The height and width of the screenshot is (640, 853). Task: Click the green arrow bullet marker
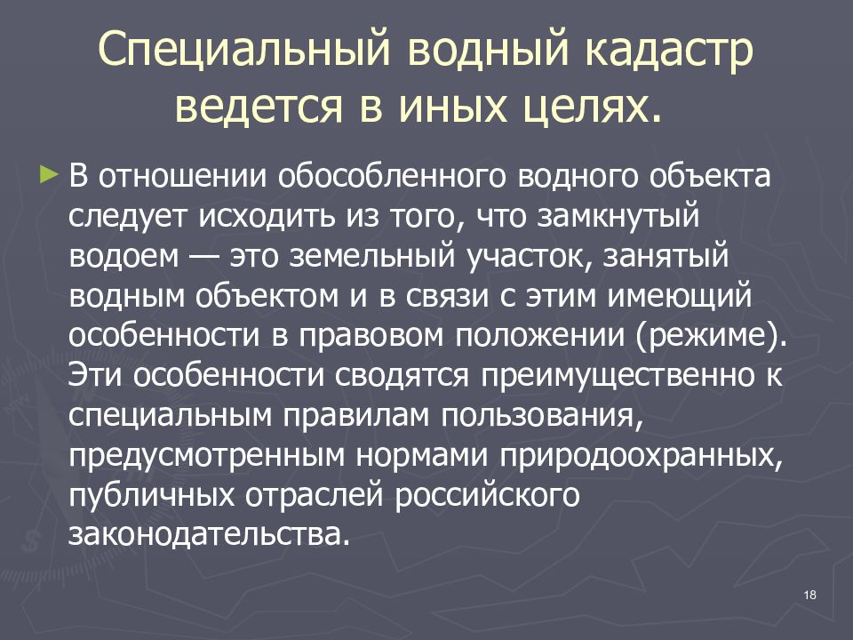48,173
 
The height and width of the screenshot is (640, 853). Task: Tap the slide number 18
809,595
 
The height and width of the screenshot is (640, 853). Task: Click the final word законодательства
204,535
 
